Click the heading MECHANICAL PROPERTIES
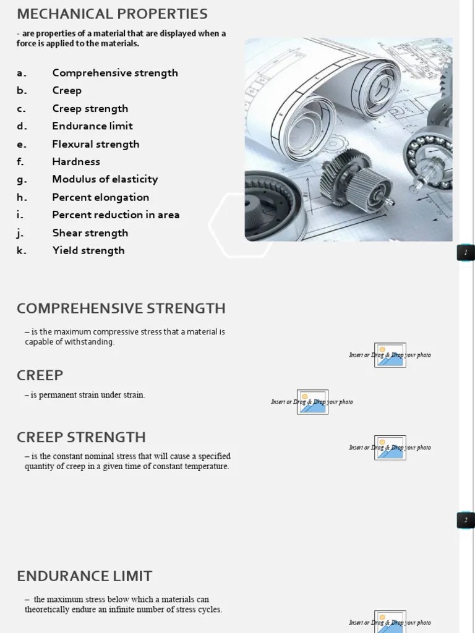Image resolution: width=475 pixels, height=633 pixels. point(112,14)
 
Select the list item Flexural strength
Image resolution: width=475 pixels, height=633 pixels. point(95,144)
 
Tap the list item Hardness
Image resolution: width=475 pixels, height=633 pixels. point(75,161)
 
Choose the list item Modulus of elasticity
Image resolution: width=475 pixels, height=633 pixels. point(105,179)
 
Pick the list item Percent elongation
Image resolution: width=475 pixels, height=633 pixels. point(100,197)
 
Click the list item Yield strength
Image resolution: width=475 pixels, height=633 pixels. point(88,250)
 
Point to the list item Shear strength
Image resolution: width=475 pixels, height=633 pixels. point(90,232)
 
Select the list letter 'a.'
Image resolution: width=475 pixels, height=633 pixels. point(22,73)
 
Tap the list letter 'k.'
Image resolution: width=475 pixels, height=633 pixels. point(22,250)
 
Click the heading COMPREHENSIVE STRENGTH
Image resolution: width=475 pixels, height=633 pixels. point(121,308)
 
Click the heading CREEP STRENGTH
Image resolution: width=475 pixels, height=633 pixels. point(81,437)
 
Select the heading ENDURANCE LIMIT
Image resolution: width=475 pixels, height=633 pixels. point(84,576)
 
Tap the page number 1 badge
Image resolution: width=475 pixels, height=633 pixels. point(466,252)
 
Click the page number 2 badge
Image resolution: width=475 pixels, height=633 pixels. point(466,520)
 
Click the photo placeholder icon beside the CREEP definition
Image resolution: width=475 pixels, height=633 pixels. point(312,402)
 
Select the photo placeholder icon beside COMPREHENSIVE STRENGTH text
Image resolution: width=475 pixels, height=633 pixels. point(390,355)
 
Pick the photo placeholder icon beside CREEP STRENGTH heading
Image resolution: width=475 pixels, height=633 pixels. point(390,448)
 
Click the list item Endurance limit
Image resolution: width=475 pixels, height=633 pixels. point(92,126)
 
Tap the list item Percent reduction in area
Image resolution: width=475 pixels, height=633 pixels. point(116,215)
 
